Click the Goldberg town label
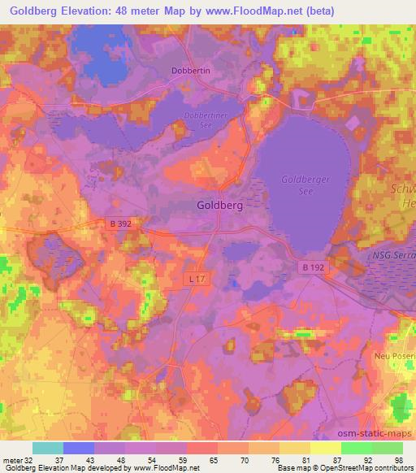(219, 206)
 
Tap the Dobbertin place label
(191, 71)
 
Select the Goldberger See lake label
(301, 184)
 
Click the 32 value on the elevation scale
(28, 460)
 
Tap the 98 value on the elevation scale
(397, 460)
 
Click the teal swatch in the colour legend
(47, 448)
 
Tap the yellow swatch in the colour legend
(325, 448)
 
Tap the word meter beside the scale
(12, 460)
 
